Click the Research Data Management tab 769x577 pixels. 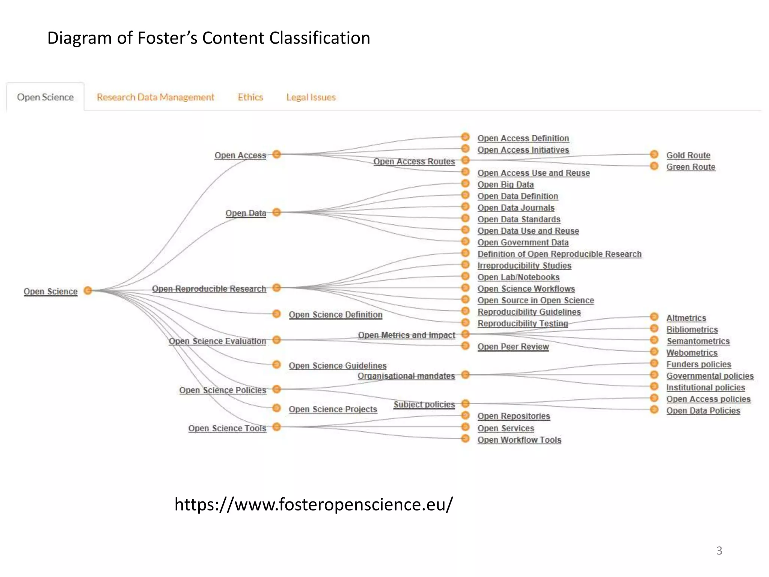tap(155, 97)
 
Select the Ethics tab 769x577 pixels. tap(250, 97)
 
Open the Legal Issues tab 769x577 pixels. tap(311, 97)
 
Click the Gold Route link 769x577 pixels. tap(688, 156)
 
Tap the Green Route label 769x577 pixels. tap(691, 167)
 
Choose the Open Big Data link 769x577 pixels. tap(505, 185)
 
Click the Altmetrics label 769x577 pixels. tap(686, 318)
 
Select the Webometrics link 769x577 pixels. tap(692, 353)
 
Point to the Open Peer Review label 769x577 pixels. tap(513, 347)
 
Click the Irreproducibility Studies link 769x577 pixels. tap(524, 266)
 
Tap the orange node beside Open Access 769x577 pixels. tap(277, 154)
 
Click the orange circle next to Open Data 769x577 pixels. tap(277, 213)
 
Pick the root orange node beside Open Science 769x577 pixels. tap(88, 290)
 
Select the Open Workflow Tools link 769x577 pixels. tap(519, 440)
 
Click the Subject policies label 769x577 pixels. tap(424, 405)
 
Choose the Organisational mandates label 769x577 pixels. tap(406, 376)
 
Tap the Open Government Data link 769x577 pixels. tap(523, 243)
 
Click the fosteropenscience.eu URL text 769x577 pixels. tap(314, 504)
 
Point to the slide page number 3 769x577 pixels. tap(719, 551)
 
